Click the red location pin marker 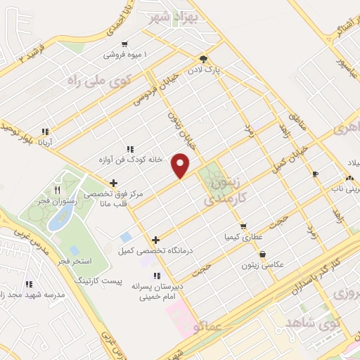181,166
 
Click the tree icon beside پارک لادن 203,59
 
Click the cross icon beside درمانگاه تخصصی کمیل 155,240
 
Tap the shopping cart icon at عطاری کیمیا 243,226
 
